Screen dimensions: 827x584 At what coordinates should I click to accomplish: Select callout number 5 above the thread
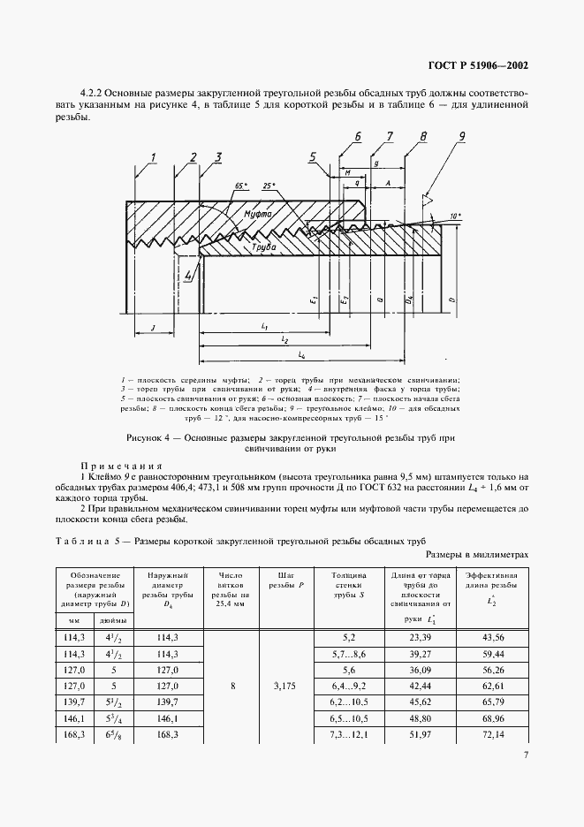[313, 158]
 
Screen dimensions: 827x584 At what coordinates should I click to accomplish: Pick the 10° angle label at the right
[456, 216]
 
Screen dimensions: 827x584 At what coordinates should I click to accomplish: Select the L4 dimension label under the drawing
[301, 355]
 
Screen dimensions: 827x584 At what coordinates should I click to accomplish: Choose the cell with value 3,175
[281, 684]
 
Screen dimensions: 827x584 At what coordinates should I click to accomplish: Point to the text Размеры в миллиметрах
[477, 554]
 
